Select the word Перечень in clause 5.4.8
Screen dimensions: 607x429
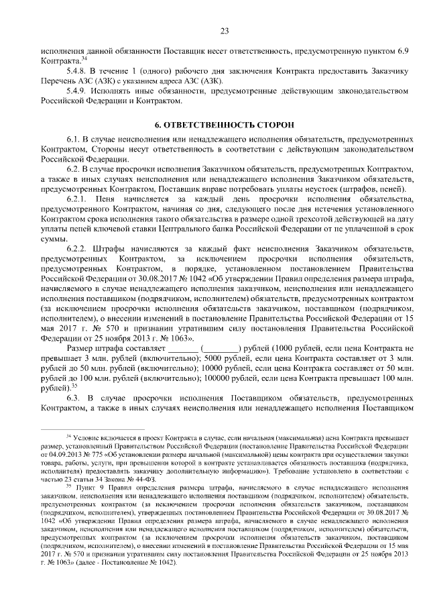click(56, 80)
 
